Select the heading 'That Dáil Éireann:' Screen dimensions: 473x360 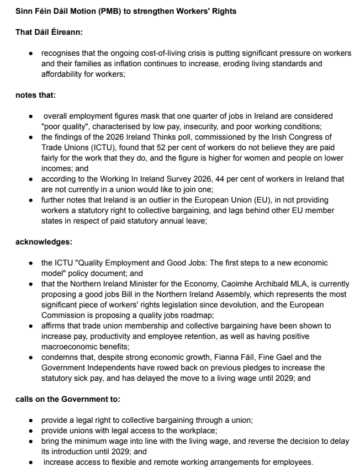pyautogui.click(x=49, y=33)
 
